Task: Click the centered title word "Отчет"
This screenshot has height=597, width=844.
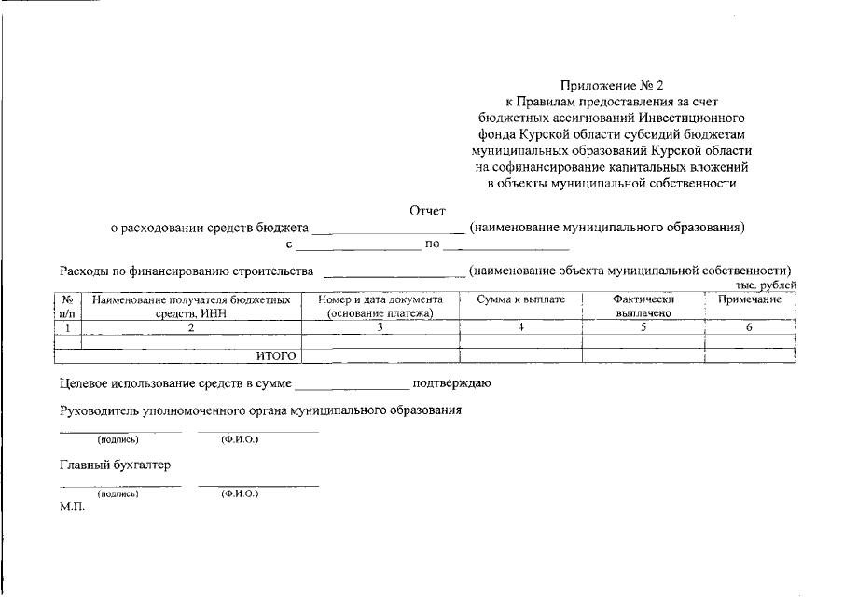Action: (428, 211)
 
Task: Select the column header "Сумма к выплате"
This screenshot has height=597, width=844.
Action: (521, 300)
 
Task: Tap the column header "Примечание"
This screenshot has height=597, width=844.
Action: (750, 300)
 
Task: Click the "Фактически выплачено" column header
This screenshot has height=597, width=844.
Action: (643, 307)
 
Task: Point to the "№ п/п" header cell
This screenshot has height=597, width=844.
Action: (67, 307)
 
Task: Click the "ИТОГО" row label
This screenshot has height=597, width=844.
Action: (276, 355)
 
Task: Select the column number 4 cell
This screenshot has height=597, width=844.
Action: (521, 327)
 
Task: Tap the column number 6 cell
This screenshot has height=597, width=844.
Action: (750, 327)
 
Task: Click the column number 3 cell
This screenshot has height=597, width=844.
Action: (380, 327)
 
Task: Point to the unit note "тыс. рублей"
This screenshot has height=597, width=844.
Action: (765, 285)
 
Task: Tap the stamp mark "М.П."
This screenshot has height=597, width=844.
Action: (72, 508)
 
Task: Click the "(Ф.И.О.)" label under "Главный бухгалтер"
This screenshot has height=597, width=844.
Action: (240, 493)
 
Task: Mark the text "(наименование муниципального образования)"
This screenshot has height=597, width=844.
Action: (607, 228)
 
